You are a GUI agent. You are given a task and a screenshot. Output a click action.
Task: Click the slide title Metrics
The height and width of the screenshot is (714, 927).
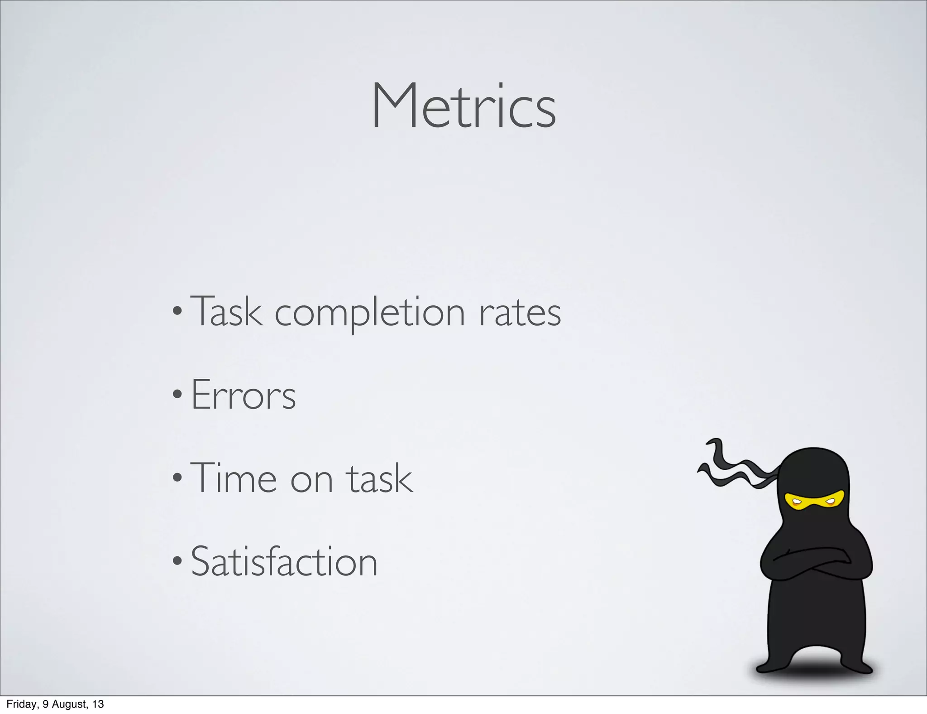coord(463,107)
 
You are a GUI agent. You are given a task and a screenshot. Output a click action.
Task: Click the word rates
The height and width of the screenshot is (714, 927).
coord(520,313)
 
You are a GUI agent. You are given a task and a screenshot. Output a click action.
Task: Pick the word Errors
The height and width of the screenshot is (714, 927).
coord(244,395)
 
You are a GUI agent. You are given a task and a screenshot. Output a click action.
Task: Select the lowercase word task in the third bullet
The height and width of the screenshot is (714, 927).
coord(379,479)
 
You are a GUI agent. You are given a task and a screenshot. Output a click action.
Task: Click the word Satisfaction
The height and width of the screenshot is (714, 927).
coord(284,562)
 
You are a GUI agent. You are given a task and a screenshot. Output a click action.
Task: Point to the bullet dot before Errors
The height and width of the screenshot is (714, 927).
coord(177,395)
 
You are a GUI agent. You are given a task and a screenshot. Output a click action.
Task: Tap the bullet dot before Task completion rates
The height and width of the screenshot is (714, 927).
coord(177,311)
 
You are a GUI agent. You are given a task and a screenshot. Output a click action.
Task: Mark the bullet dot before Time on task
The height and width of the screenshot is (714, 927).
coord(177,478)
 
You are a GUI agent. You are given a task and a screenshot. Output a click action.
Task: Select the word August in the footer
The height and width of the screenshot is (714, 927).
coord(68,704)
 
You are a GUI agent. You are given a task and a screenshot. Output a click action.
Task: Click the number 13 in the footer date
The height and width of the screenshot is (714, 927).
coord(98,704)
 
